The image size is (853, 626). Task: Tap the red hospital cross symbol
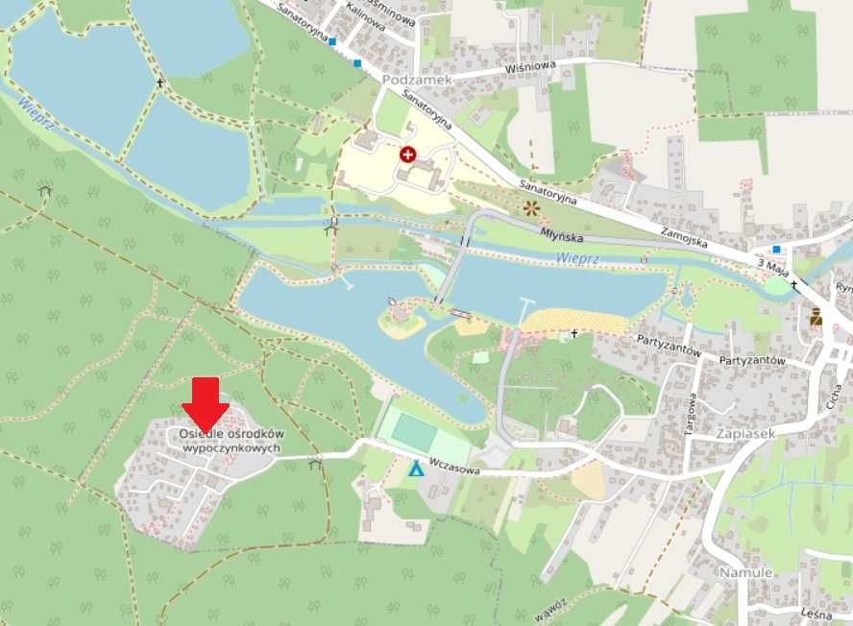click(x=407, y=154)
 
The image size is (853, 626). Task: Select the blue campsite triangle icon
click(x=415, y=469)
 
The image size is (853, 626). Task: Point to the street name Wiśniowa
click(x=530, y=68)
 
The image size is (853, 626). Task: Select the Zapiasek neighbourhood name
click(x=744, y=433)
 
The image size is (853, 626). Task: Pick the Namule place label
click(x=745, y=572)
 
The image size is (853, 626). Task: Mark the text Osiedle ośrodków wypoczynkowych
click(x=232, y=441)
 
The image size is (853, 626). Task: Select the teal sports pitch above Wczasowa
click(x=414, y=430)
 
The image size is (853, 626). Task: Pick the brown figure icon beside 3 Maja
click(x=816, y=317)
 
